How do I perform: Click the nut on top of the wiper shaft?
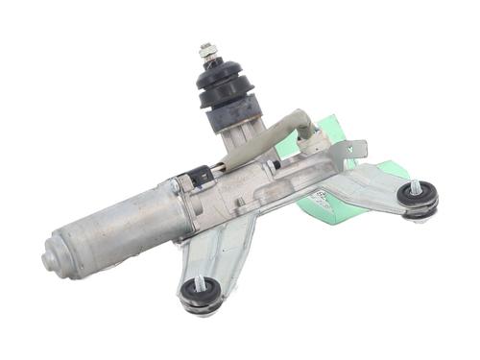[x=205, y=51]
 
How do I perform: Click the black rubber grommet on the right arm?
[x=418, y=197]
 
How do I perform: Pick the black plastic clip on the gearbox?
[x=200, y=177]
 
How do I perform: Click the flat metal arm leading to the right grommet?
[x=370, y=187]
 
